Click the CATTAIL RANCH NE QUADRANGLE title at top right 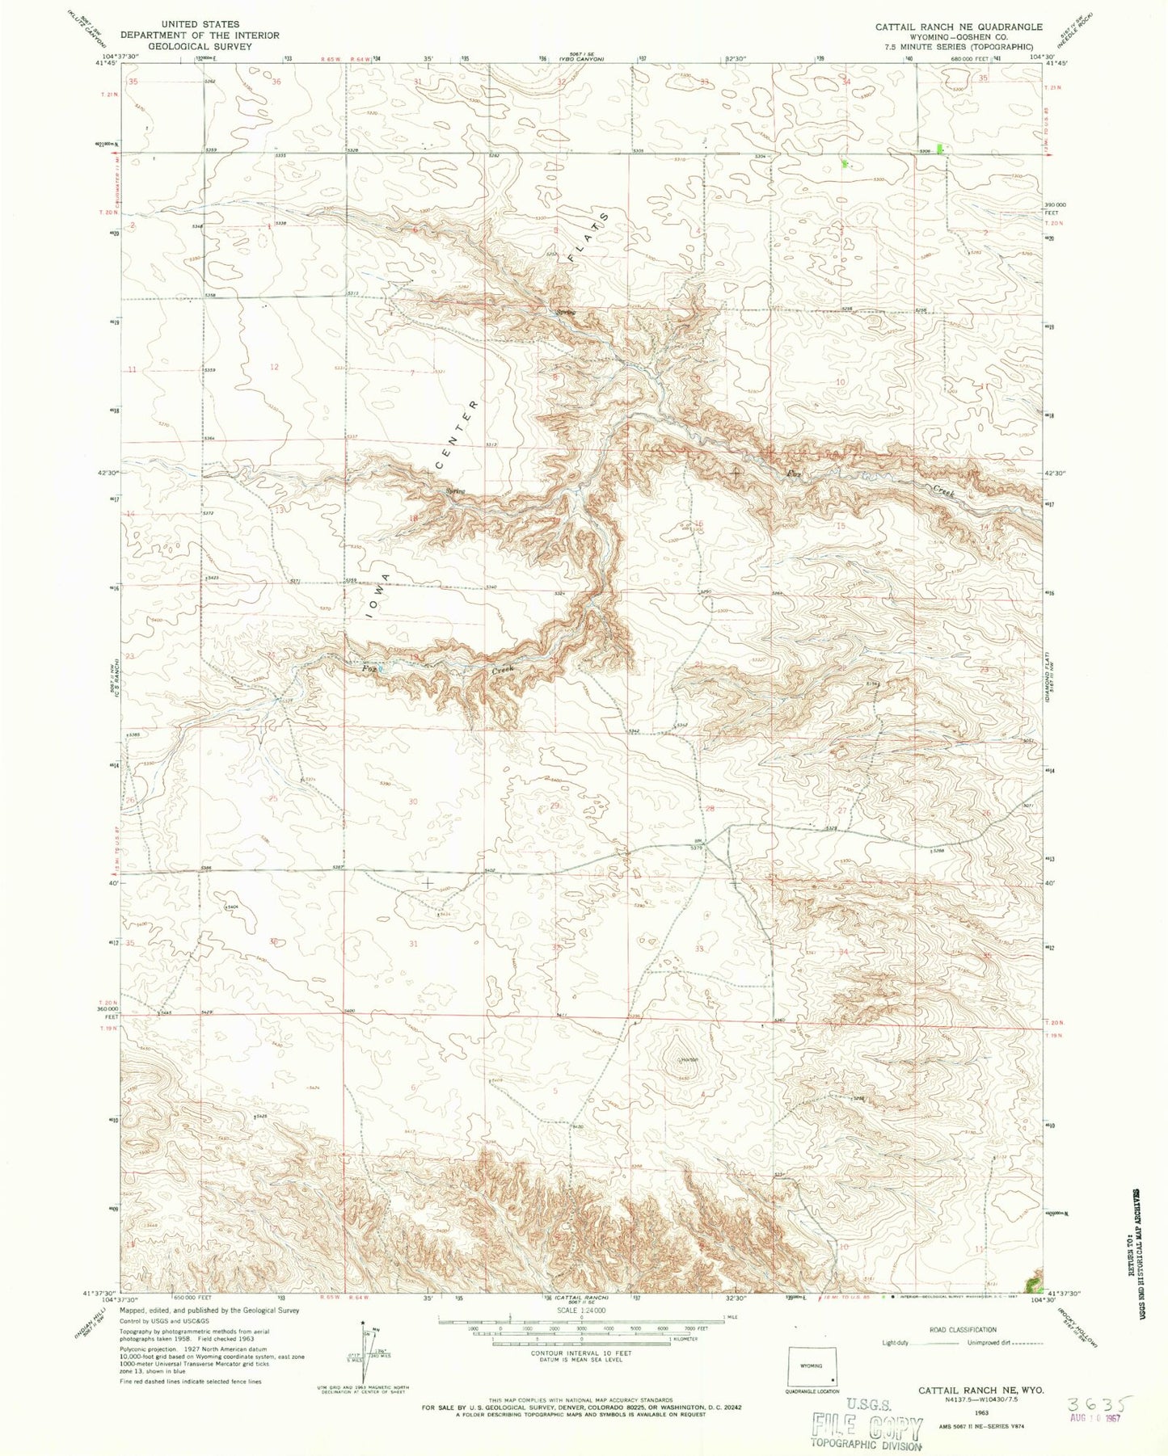pyautogui.click(x=959, y=27)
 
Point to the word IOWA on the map pyautogui.click(x=377, y=595)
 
